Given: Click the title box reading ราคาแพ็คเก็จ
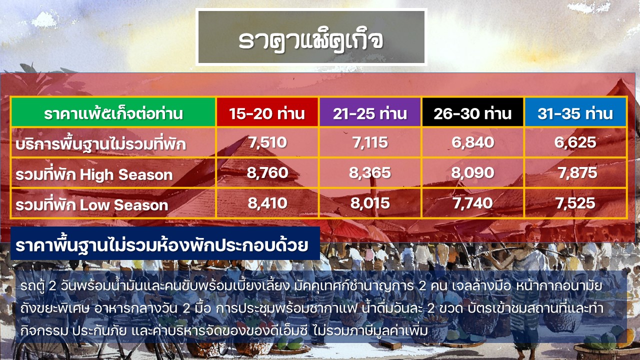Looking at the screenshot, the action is pyautogui.click(x=311, y=37).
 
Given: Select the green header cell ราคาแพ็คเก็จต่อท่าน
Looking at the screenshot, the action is pyautogui.click(x=113, y=112).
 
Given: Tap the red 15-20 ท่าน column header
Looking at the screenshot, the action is pyautogui.click(x=267, y=112).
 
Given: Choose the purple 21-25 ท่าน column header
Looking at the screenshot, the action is pyautogui.click(x=370, y=112).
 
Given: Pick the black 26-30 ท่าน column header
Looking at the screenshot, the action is pyautogui.click(x=472, y=112).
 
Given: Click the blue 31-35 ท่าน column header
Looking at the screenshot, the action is pyautogui.click(x=575, y=112).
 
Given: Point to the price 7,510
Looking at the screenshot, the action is pyautogui.click(x=267, y=142).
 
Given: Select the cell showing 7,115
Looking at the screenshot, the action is pyautogui.click(x=370, y=142).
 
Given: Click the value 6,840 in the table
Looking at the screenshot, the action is pyautogui.click(x=473, y=142).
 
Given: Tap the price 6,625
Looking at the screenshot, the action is pyautogui.click(x=575, y=142).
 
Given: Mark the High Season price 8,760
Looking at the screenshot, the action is pyautogui.click(x=267, y=173).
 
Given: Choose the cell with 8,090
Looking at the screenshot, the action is pyautogui.click(x=473, y=173).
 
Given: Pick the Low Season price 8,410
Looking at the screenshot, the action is pyautogui.click(x=267, y=203).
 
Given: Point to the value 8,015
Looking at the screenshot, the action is pyautogui.click(x=370, y=203).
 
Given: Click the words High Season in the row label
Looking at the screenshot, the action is pyautogui.click(x=126, y=174).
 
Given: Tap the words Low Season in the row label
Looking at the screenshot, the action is pyautogui.click(x=123, y=205).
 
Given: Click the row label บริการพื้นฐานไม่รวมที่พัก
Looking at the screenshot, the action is pyautogui.click(x=100, y=143).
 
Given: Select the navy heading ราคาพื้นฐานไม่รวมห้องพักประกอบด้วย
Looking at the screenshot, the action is pyautogui.click(x=162, y=245).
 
